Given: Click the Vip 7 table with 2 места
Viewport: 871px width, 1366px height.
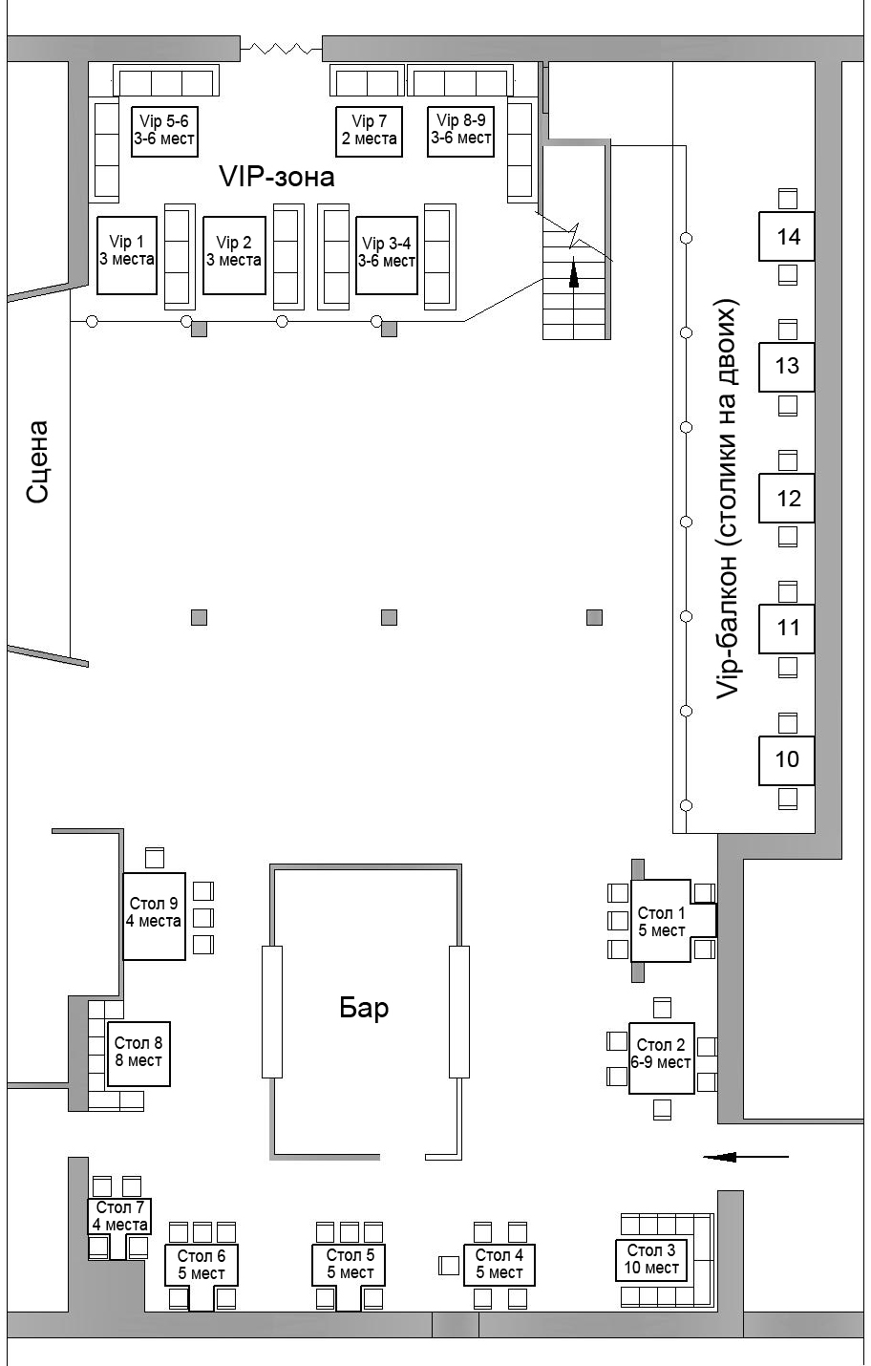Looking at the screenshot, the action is click(x=369, y=131).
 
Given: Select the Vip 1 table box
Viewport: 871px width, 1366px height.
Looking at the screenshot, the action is click(x=127, y=255).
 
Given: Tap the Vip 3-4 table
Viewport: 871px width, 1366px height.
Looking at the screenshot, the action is click(x=387, y=255).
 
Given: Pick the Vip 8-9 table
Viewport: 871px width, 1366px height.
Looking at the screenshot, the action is click(x=460, y=131).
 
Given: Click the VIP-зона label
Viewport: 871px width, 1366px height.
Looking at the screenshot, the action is click(x=277, y=177).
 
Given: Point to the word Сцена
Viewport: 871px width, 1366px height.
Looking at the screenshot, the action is click(x=38, y=461).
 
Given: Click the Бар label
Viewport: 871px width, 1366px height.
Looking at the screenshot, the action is click(x=364, y=1008).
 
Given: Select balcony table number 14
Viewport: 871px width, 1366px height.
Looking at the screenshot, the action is click(x=786, y=236).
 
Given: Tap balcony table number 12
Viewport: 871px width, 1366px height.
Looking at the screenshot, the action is click(x=786, y=498).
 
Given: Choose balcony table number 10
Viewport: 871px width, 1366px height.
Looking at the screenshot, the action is click(x=786, y=759).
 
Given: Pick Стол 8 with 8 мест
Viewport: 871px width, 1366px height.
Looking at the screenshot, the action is click(x=138, y=1054).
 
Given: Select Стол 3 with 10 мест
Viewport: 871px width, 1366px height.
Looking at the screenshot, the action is click(x=651, y=1259).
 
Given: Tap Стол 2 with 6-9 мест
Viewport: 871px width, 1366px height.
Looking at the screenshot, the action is click(x=661, y=1058).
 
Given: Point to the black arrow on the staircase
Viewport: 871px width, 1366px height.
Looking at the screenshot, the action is click(x=574, y=272).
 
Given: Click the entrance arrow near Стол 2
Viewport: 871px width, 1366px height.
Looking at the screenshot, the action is click(x=746, y=1156).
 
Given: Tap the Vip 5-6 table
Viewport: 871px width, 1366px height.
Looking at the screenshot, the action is click(x=164, y=131).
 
